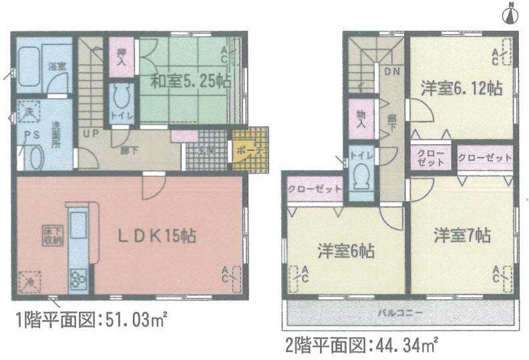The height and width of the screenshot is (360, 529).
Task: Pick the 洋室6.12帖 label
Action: pos(461,87)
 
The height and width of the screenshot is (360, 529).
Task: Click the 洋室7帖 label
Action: pos(462,236)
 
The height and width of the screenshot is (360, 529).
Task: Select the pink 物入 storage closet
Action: pos(361,120)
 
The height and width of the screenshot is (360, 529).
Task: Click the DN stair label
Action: pos(391,69)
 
